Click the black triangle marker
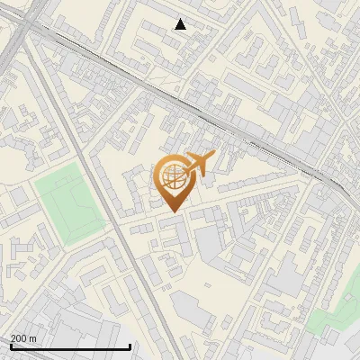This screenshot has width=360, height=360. point(181,24)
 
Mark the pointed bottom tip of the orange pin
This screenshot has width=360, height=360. point(173,211)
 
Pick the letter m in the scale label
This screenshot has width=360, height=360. point(33,338)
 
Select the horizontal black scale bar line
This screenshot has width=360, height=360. point(70,346)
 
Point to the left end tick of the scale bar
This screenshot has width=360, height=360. point(11,345)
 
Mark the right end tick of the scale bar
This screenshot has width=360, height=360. point(130,345)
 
